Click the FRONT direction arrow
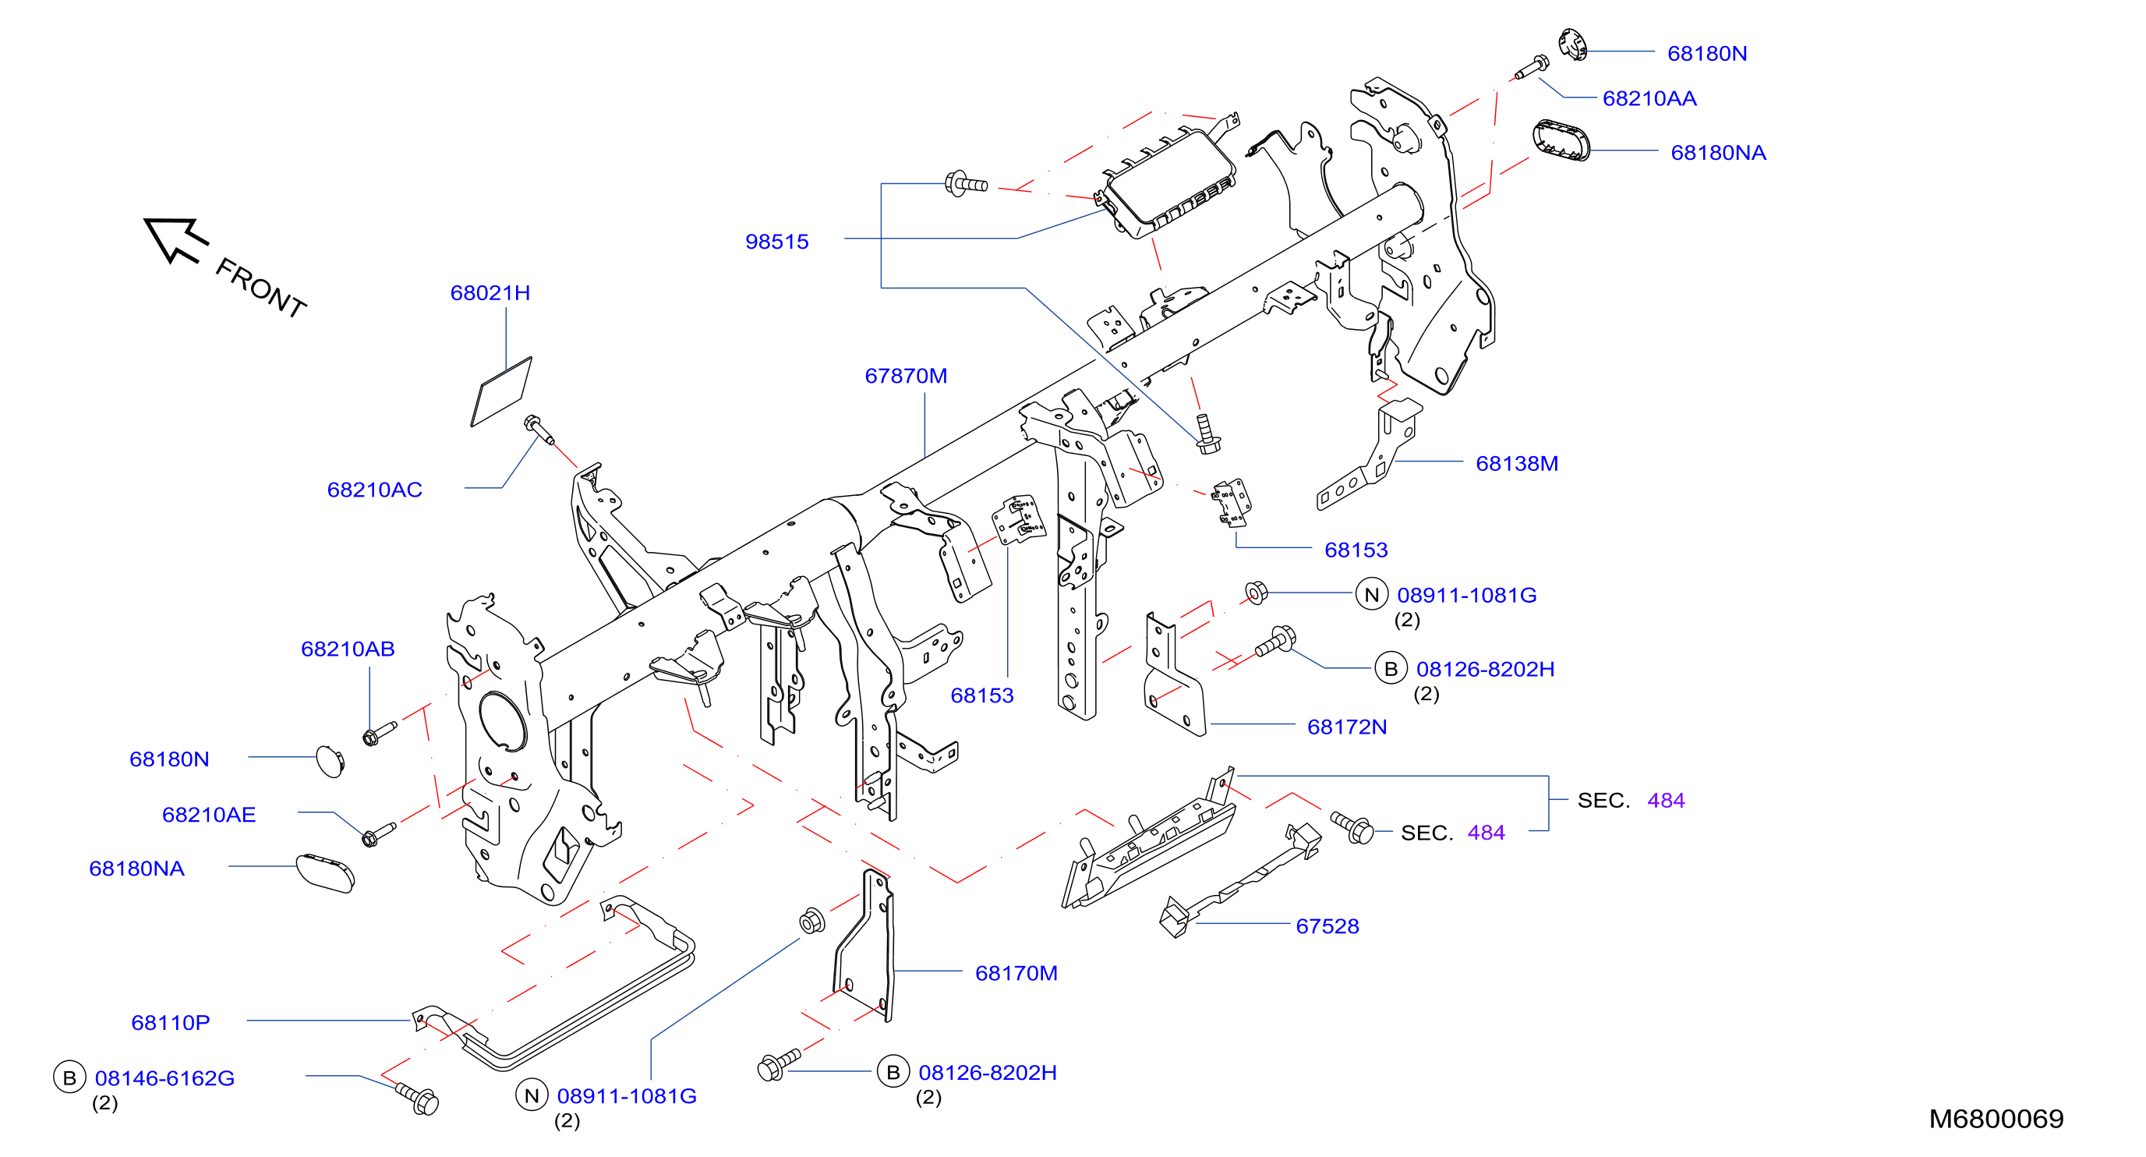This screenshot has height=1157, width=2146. click(x=175, y=240)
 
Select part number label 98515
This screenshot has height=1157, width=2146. click(x=776, y=242)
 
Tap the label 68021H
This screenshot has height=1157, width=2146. click(x=490, y=293)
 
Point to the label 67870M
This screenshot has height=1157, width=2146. click(x=906, y=376)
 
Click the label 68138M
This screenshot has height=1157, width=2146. click(x=1516, y=464)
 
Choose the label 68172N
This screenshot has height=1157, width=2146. click(x=1347, y=727)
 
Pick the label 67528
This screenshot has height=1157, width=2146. click(x=1327, y=926)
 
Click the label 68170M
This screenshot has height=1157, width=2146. click(x=1016, y=973)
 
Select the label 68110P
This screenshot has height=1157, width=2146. click(x=171, y=1022)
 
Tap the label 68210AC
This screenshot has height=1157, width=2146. click(x=375, y=490)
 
